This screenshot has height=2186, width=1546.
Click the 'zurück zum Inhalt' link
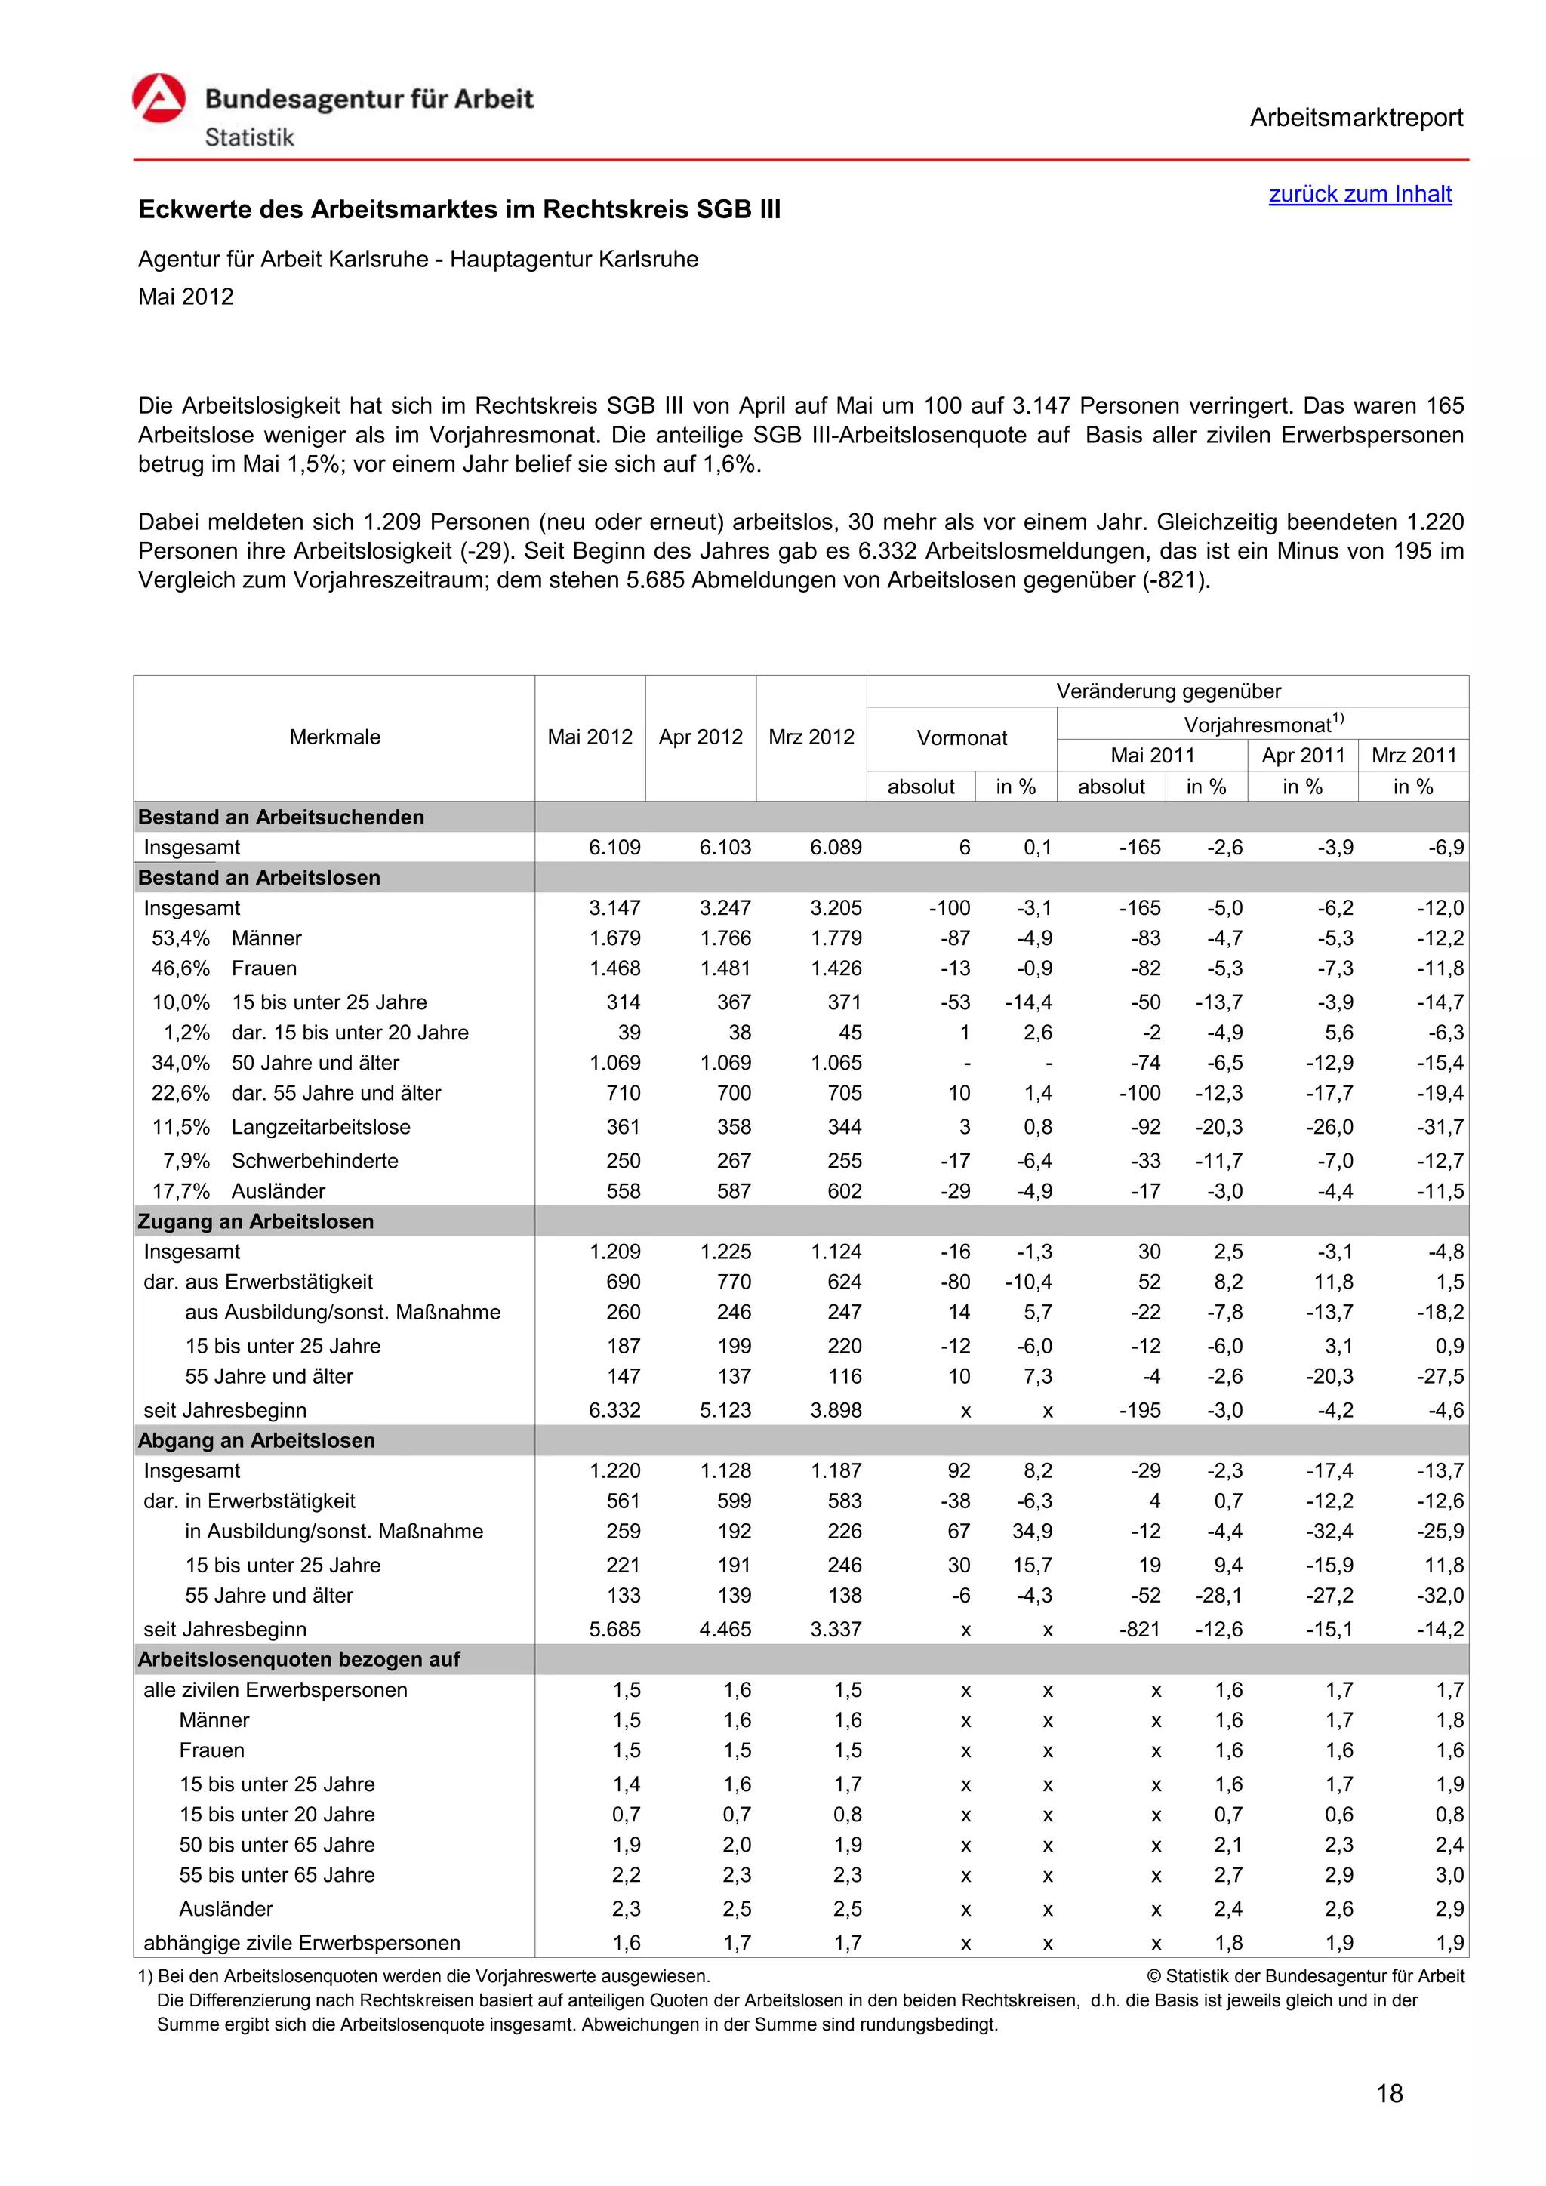click(x=1360, y=194)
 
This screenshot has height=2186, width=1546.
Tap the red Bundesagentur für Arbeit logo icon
click(x=159, y=98)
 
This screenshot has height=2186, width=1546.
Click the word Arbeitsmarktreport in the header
click(x=1356, y=118)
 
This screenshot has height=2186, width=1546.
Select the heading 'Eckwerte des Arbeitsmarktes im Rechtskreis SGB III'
click(x=459, y=209)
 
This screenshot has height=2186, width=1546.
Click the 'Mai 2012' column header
click(x=590, y=737)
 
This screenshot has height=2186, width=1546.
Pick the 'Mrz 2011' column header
click(x=1414, y=755)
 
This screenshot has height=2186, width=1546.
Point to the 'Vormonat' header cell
click(x=962, y=738)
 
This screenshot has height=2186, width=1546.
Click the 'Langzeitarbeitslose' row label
click(x=321, y=1127)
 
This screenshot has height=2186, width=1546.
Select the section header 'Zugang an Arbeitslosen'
click(x=256, y=1221)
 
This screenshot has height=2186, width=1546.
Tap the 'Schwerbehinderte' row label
click(x=315, y=1161)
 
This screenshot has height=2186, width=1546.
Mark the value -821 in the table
click(x=1140, y=1629)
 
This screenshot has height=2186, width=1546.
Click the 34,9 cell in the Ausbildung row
click(x=1032, y=1531)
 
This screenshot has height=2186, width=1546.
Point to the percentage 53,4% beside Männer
click(x=181, y=939)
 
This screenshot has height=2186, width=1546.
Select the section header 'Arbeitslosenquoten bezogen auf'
click(x=299, y=1659)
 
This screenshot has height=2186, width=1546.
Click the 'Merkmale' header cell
click(x=334, y=737)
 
